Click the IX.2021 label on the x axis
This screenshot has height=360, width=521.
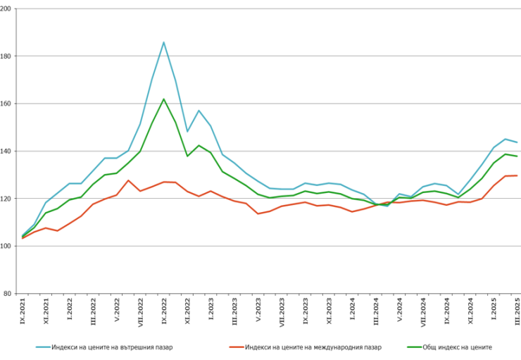23,309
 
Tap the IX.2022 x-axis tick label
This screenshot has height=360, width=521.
164,309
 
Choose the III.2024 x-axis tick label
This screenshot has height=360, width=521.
376,310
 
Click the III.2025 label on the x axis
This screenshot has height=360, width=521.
517,310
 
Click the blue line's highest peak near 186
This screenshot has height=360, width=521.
164,42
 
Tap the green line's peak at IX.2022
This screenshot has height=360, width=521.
164,99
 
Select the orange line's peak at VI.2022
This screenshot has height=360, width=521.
128,180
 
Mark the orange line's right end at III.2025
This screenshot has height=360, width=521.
517,175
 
